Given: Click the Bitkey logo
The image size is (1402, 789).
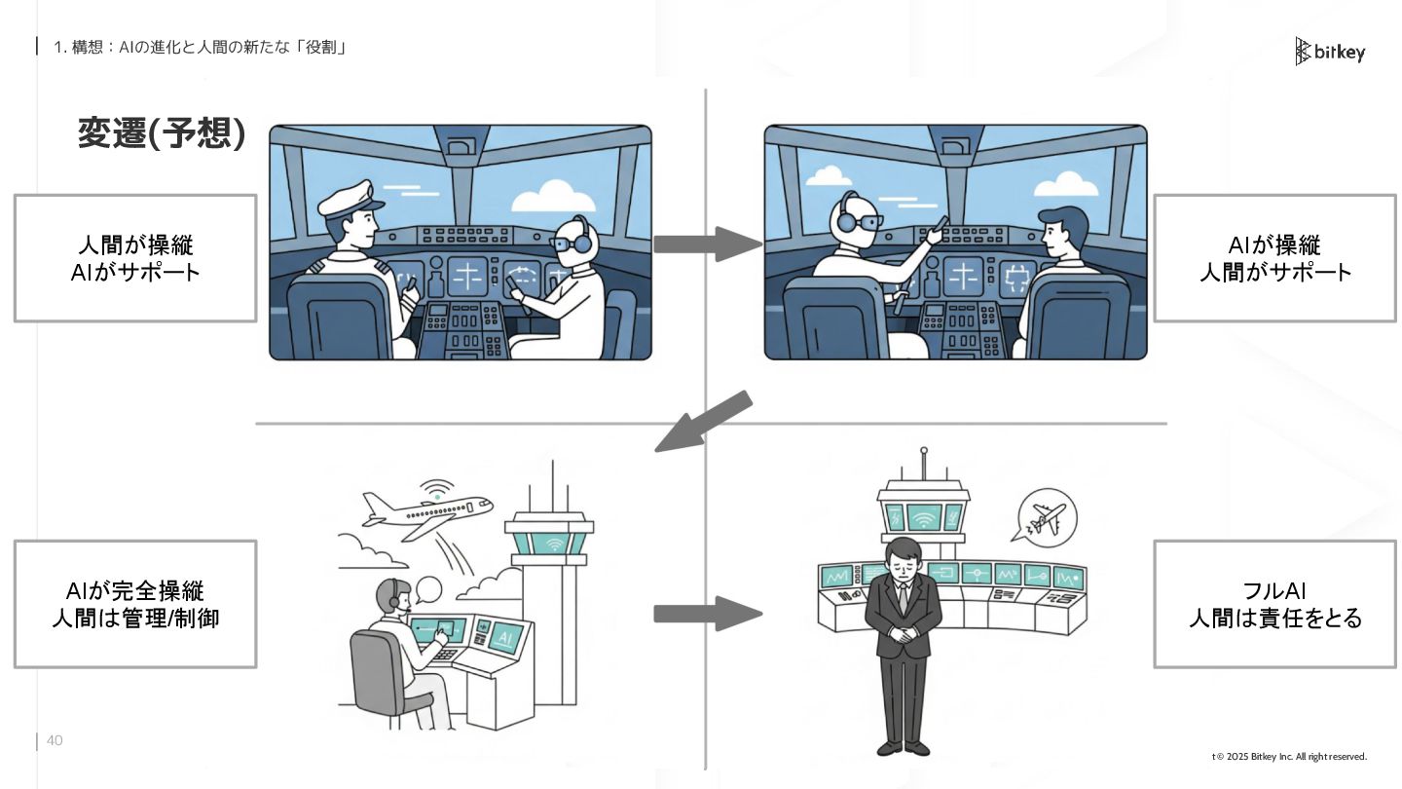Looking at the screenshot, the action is click(1330, 51).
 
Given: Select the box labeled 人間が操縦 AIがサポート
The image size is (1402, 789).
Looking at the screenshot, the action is click(135, 258).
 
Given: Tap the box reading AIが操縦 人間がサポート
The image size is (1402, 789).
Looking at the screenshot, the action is click(1274, 258).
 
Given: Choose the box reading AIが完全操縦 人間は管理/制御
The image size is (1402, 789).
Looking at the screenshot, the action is click(135, 604).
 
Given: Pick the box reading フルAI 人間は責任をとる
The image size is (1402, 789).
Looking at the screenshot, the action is click(1274, 604).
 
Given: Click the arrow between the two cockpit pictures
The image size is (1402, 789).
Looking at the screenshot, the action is click(706, 244).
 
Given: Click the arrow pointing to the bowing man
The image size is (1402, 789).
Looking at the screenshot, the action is click(706, 614).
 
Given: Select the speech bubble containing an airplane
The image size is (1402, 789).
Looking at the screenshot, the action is click(1045, 514).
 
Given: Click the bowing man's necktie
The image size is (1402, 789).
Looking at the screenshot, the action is click(904, 596).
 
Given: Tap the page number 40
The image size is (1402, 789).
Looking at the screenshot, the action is click(55, 741).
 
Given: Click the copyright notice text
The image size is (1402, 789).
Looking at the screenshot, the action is click(1290, 757).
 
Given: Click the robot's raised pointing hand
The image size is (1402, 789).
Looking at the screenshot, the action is click(937, 230).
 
